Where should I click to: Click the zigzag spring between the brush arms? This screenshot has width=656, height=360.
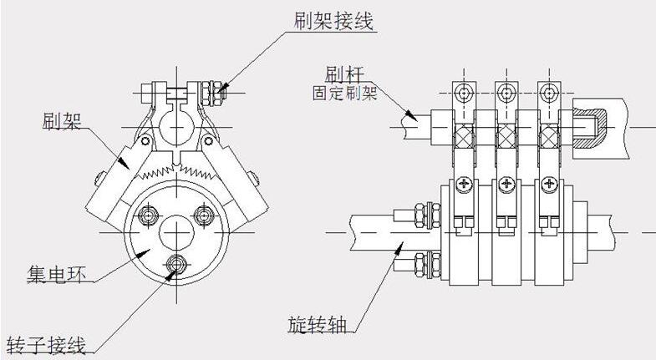coord(175,170)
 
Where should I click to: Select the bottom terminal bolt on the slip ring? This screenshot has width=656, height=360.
coord(176,265)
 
